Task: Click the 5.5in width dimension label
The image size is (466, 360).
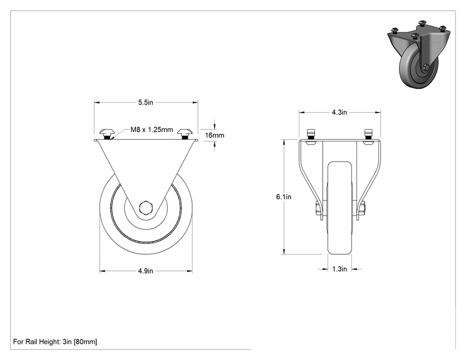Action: tap(145, 103)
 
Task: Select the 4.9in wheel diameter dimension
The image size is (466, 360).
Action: tap(145, 271)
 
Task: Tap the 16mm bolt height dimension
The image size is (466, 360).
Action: tap(215, 135)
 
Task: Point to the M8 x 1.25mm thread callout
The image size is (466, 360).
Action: tap(152, 130)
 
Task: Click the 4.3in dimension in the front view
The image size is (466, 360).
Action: tap(339, 112)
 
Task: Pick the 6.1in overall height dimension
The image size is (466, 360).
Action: tap(284, 197)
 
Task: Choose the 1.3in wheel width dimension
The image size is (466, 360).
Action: tap(339, 269)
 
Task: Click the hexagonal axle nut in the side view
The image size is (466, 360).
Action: tap(145, 207)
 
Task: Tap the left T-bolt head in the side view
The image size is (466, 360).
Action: tap(106, 131)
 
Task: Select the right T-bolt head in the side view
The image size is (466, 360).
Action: tap(185, 131)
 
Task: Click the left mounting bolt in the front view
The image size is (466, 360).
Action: tap(311, 134)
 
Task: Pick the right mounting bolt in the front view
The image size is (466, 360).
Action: tap(368, 134)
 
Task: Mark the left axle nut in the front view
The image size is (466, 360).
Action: tap(318, 209)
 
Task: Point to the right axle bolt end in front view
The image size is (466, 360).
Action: tap(362, 209)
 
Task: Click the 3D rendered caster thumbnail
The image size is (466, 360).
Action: tap(419, 54)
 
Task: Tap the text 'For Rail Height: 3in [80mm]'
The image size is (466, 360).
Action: tap(55, 342)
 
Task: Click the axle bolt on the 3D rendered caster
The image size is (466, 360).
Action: tap(425, 68)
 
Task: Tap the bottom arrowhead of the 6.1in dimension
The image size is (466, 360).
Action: tap(284, 251)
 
